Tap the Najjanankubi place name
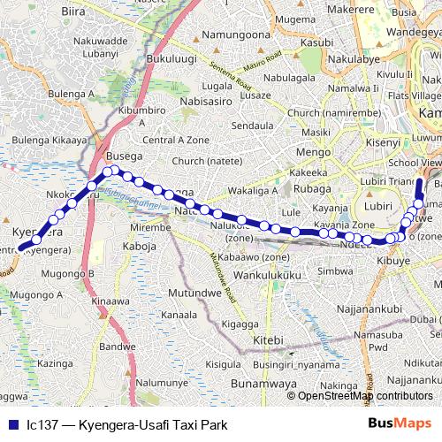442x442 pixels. (x=371, y=309)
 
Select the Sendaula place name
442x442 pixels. (x=252, y=126)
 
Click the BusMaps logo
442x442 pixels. (x=401, y=424)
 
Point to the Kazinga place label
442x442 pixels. (x=56, y=363)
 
